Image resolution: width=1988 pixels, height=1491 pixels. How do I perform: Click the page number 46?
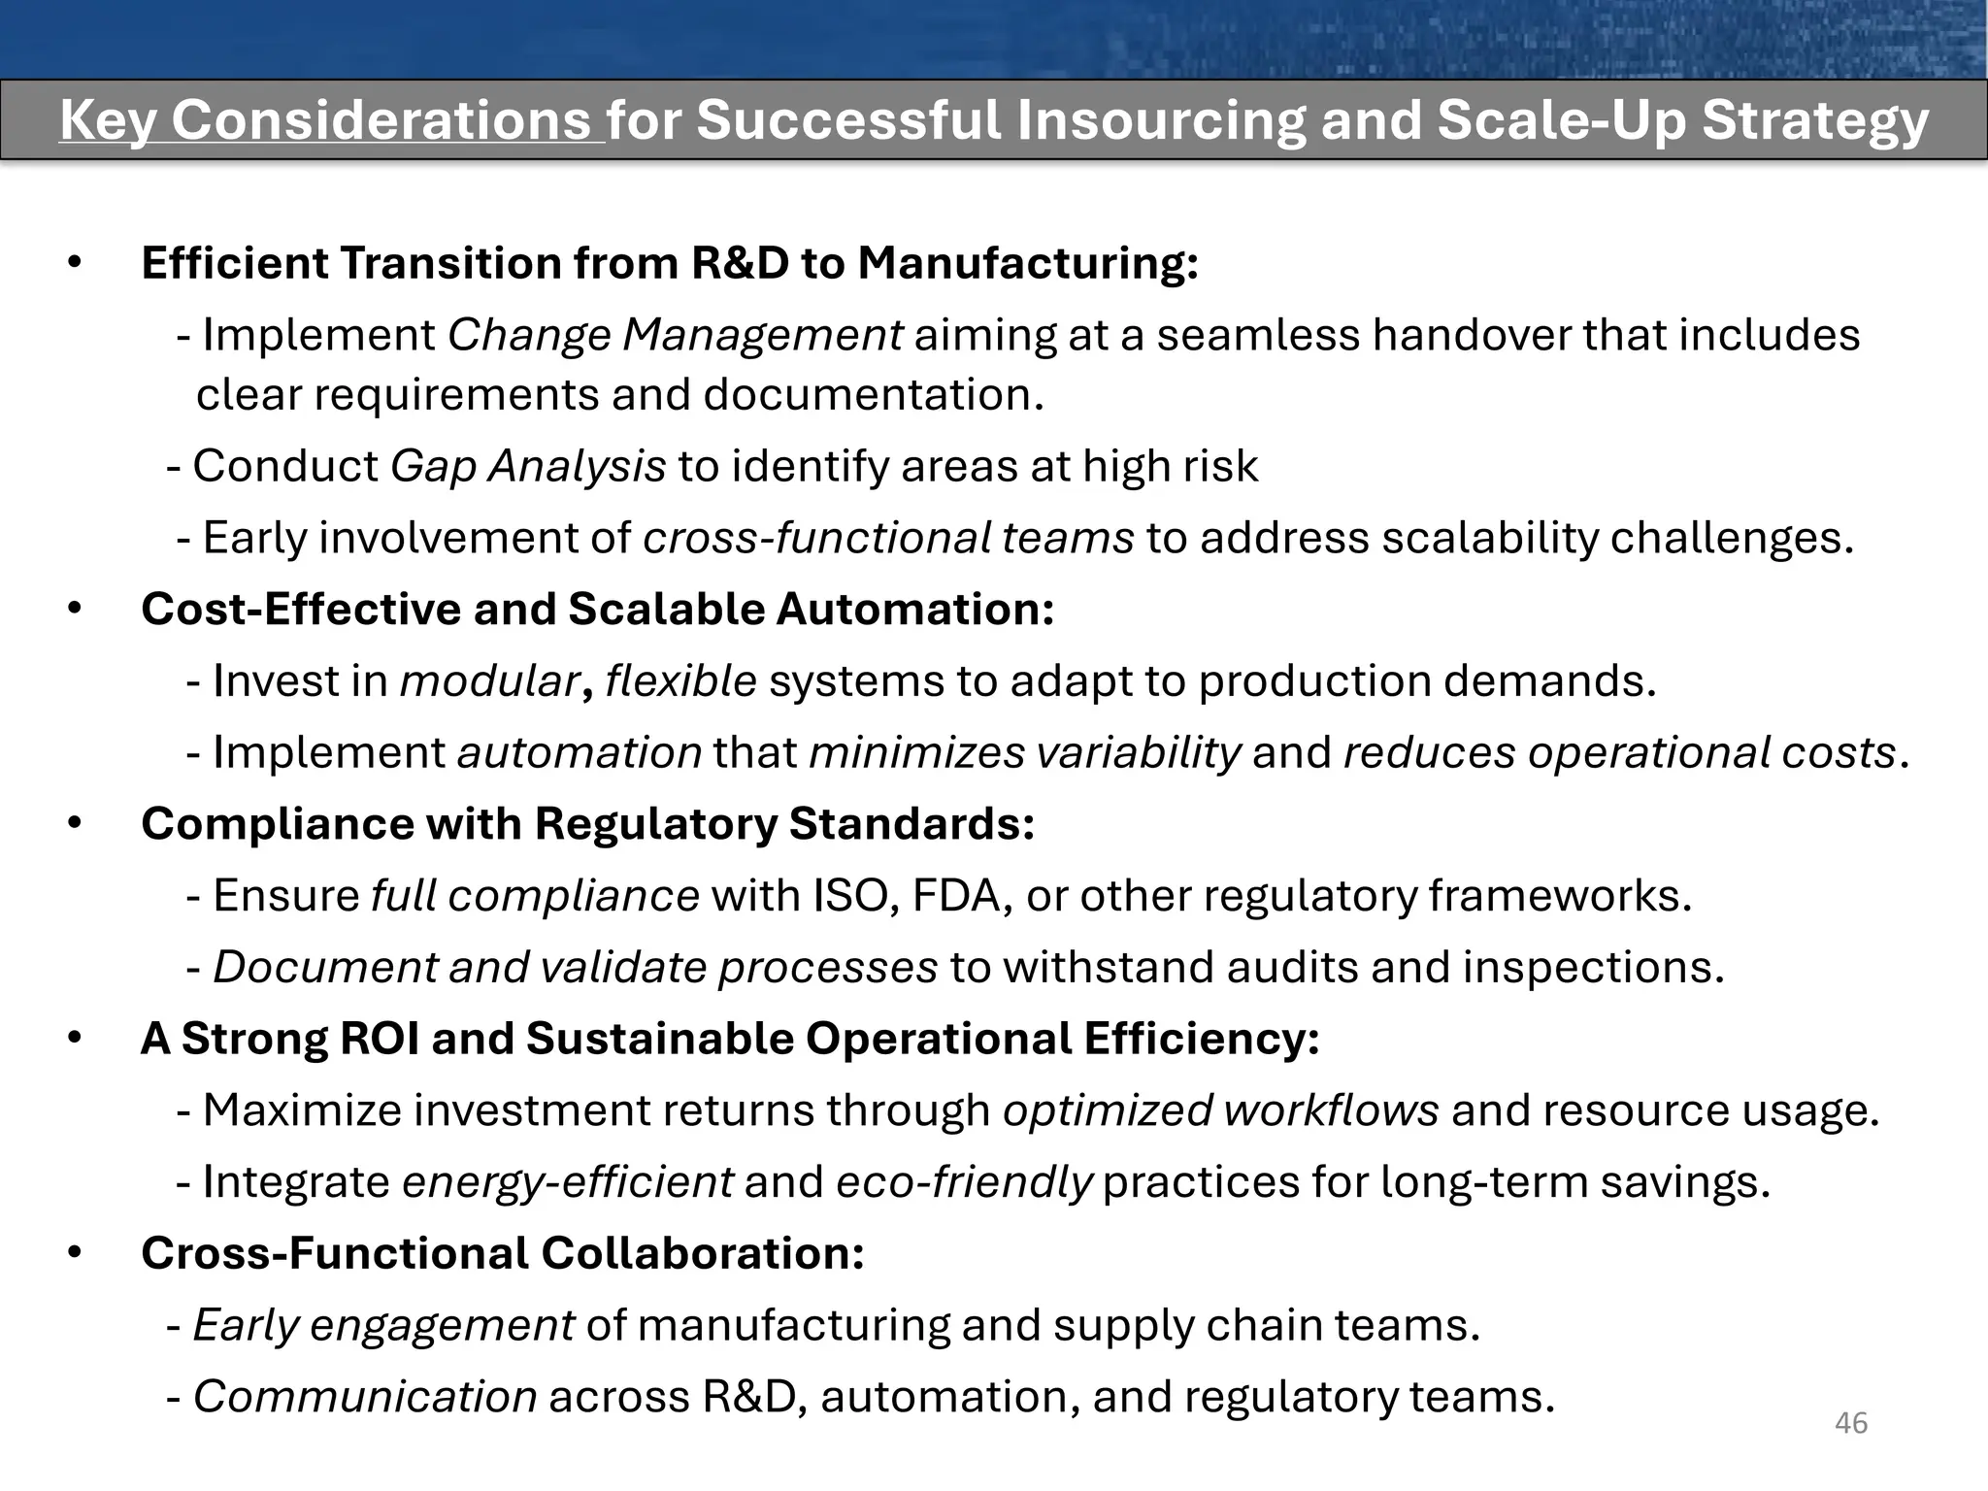1851,1423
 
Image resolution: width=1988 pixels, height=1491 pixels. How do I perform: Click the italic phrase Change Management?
675,335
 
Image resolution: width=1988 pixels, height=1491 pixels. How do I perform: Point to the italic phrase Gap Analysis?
528,466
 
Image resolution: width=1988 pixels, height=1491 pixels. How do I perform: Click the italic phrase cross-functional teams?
888,538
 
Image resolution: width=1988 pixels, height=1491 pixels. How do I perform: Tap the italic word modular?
489,680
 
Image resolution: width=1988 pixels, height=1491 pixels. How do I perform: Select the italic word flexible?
680,680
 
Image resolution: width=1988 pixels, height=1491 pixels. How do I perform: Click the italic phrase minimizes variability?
1024,752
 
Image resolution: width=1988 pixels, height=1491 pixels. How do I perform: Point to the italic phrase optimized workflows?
1220,1110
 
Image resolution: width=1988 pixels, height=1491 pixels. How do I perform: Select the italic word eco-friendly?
964,1182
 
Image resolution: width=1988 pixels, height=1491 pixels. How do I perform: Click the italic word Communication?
365,1397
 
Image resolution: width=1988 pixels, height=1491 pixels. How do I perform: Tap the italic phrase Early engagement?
383,1325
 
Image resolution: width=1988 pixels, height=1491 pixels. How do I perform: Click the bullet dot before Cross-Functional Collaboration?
76,1253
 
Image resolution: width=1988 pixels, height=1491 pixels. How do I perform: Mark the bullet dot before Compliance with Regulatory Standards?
76,824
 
